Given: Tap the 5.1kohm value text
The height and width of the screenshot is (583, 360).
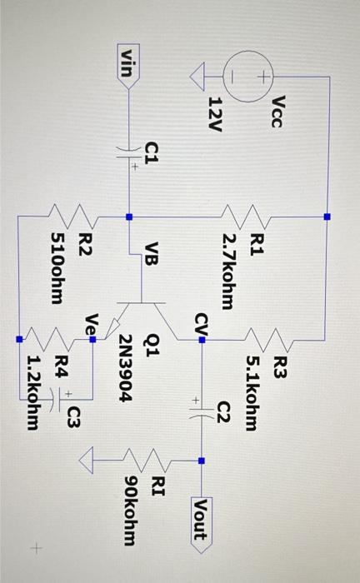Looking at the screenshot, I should click(254, 392).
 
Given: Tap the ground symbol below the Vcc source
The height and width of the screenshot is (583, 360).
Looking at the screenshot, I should click(197, 79).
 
